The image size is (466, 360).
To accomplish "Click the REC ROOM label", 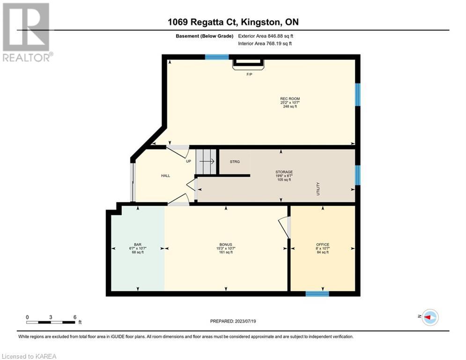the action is point(290,98).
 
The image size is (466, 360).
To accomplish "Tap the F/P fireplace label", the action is point(249,75).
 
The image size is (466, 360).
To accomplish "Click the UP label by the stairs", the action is point(188,161).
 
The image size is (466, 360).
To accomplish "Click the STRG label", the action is point(235,162).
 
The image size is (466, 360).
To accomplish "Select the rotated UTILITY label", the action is point(318,188).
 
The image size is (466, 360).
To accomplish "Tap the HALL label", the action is point(165,175).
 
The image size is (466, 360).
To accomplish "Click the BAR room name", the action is point(138,245).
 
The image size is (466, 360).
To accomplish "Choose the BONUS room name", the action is point(226,245).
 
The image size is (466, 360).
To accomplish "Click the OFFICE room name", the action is point(323,245).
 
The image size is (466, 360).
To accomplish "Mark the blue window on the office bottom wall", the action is point(318,293).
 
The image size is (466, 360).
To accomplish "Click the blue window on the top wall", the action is point(217,57).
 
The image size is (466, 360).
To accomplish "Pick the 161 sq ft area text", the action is point(226,252).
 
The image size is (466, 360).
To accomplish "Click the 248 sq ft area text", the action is point(290,106).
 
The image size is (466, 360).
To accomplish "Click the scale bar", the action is point(51,322).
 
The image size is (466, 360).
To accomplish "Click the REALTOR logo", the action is point(27,32).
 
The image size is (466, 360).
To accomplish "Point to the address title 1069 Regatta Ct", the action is point(202,22).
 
